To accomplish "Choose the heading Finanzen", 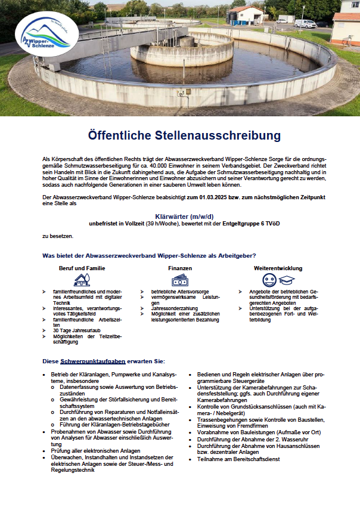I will tap(180, 268).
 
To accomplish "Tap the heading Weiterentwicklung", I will tap(278, 268).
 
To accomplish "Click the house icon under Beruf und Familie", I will tap(82, 280).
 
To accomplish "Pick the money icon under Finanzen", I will tap(180, 280).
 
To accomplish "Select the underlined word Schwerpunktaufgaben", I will tap(92, 361).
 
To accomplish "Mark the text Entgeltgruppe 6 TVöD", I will tap(263, 224).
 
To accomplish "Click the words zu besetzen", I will tap(57, 236).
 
